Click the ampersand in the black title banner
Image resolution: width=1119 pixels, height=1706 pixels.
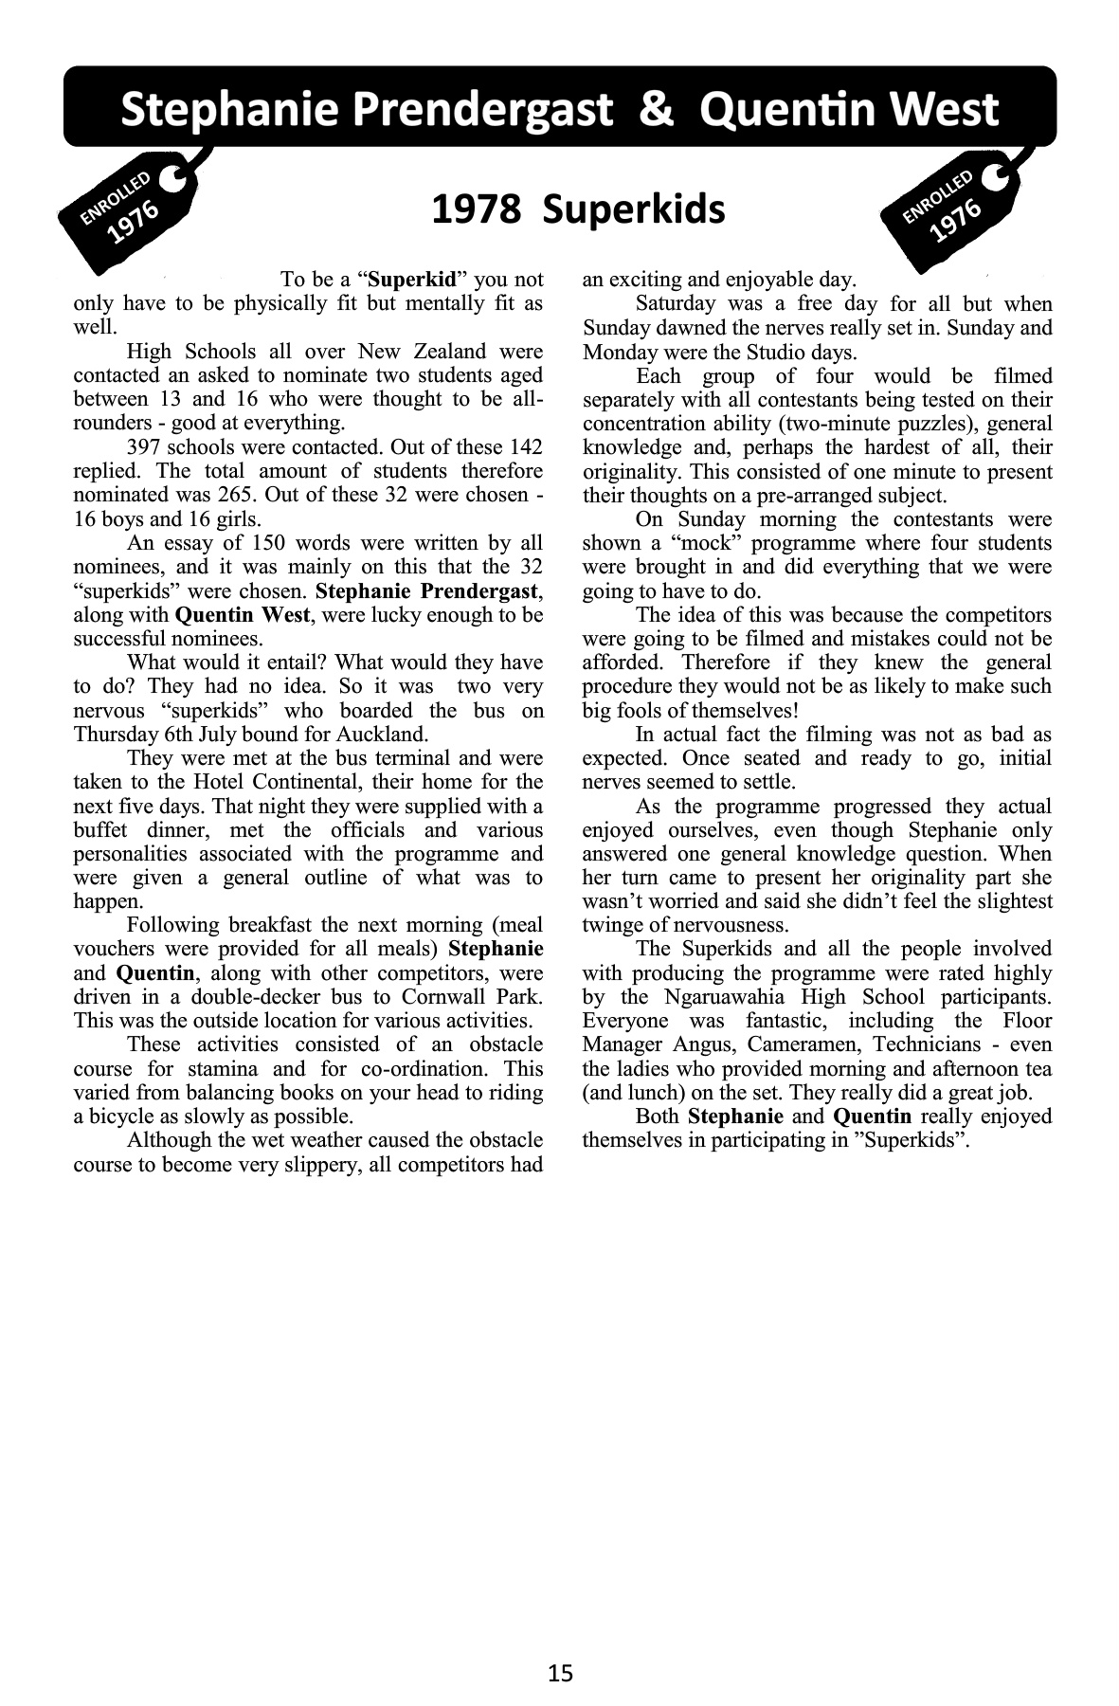656,110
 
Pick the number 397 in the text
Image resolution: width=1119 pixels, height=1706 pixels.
144,447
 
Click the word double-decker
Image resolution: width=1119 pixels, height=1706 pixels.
266,997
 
